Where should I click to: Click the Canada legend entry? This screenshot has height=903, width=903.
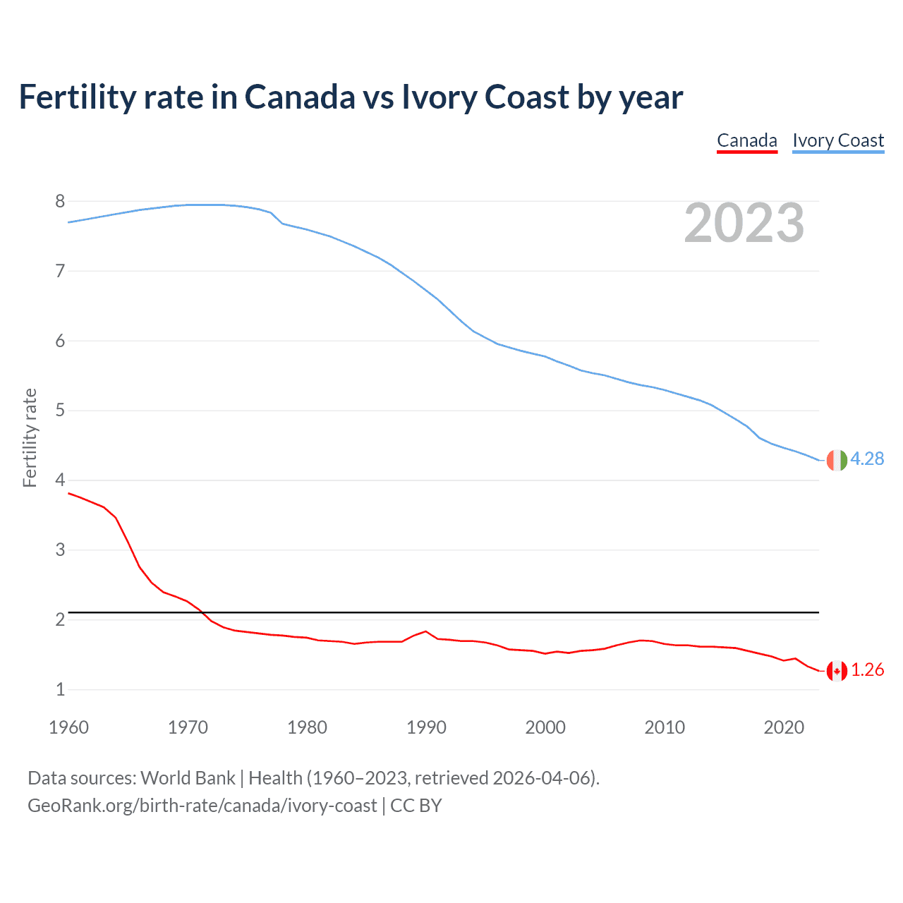pyautogui.click(x=746, y=140)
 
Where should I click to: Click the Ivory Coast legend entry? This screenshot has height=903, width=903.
pyautogui.click(x=838, y=140)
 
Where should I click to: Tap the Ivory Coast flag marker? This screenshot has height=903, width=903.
pyautogui.click(x=837, y=460)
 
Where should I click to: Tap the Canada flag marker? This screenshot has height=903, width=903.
pyautogui.click(x=837, y=671)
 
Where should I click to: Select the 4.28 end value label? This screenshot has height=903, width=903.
pyautogui.click(x=867, y=459)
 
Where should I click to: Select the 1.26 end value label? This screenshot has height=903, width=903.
pyautogui.click(x=867, y=669)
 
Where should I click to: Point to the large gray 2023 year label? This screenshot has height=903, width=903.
pyautogui.click(x=744, y=223)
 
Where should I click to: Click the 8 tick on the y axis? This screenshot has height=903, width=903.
pyautogui.click(x=60, y=202)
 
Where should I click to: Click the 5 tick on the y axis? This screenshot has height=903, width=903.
pyautogui.click(x=60, y=411)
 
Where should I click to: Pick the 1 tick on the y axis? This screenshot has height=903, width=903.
pyautogui.click(x=60, y=689)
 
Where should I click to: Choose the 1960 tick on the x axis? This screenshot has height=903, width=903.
pyautogui.click(x=68, y=727)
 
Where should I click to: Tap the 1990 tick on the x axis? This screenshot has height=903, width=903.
pyautogui.click(x=426, y=727)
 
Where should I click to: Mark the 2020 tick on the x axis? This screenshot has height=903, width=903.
pyautogui.click(x=784, y=727)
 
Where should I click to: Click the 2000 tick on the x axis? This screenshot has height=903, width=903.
pyautogui.click(x=545, y=727)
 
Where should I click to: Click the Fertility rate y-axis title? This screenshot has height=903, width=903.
pyautogui.click(x=30, y=437)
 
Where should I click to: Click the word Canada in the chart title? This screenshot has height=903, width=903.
pyautogui.click(x=300, y=97)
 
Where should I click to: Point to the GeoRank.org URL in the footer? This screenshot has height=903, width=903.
pyautogui.click(x=202, y=806)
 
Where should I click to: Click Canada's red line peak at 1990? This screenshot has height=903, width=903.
pyautogui.click(x=425, y=631)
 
